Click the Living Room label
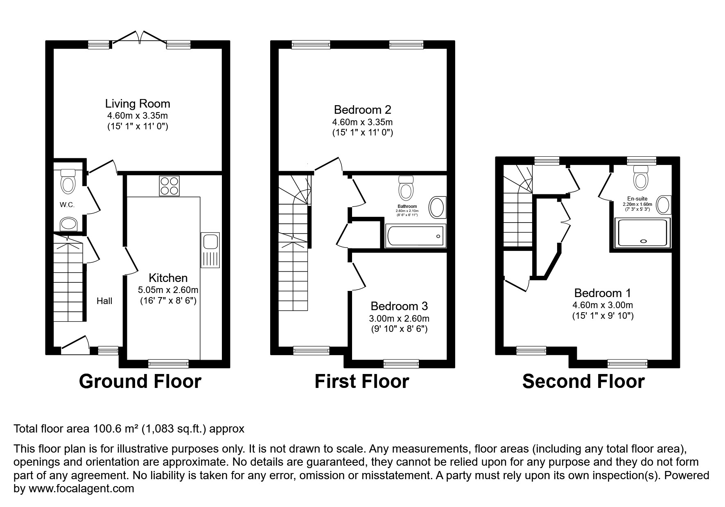coord(138,104)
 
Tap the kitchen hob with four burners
coord(169,186)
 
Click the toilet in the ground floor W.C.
coord(68,182)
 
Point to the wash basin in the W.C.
coord(69,224)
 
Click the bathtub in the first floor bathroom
coord(415,236)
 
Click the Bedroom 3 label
coord(399,306)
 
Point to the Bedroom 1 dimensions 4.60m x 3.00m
coord(602,305)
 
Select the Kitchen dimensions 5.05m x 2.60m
coord(168,290)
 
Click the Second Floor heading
coord(583,381)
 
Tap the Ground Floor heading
coord(140,381)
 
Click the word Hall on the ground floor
coord(104,301)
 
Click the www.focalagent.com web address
coord(80,489)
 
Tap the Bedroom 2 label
coord(362,110)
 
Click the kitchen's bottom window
coord(168,363)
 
